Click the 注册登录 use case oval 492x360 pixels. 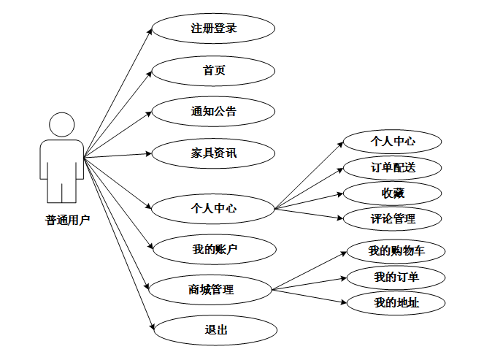coord(213,29)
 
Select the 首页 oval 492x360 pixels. coord(213,71)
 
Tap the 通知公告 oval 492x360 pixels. coord(213,112)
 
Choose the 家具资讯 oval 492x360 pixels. coord(213,153)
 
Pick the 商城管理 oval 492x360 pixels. coord(211,290)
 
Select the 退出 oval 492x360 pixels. coord(216,330)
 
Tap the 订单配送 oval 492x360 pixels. coord(393,167)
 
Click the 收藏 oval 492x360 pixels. coord(393,193)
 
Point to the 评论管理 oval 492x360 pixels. coord(393,218)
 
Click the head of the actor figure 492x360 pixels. coord(61,124)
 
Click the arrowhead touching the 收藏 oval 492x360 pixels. coord(339,194)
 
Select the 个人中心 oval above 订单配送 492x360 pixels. coord(393,141)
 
